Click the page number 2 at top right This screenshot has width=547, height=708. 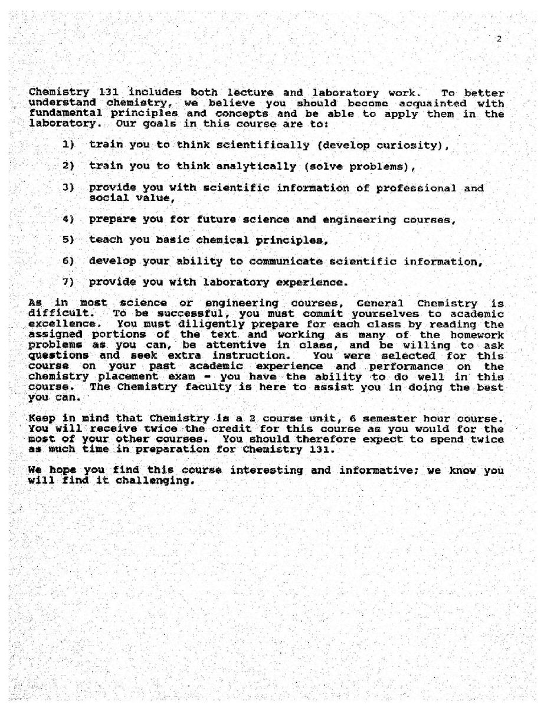pyautogui.click(x=499, y=39)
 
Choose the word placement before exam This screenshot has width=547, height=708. pyautogui.click(x=139, y=377)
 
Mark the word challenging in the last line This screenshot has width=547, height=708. pyautogui.click(x=155, y=481)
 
